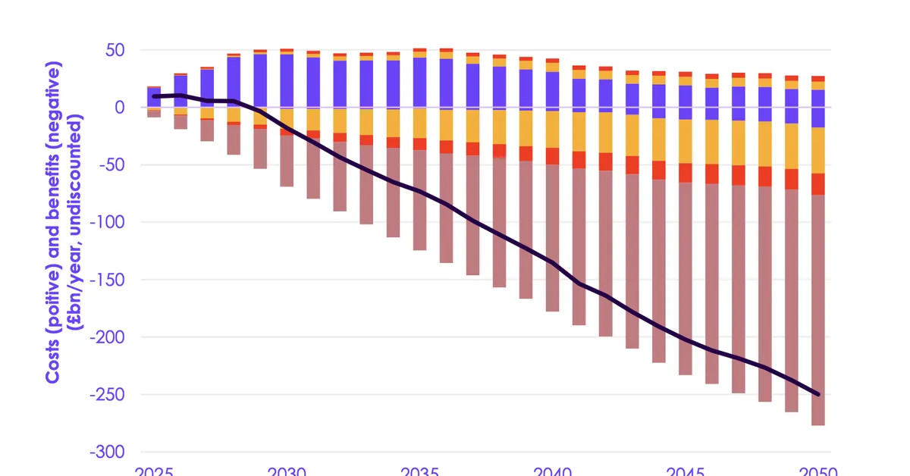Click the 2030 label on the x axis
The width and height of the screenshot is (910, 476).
pyautogui.click(x=287, y=470)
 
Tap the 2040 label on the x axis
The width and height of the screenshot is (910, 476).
pyautogui.click(x=552, y=470)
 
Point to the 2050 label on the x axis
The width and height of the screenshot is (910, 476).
pyautogui.click(x=817, y=470)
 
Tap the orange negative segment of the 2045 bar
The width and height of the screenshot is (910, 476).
pyautogui.click(x=685, y=141)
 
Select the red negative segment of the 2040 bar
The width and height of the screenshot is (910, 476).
pyautogui.click(x=552, y=156)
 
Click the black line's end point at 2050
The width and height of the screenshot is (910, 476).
pyautogui.click(x=817, y=394)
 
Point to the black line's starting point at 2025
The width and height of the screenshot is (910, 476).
pyautogui.click(x=154, y=96)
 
